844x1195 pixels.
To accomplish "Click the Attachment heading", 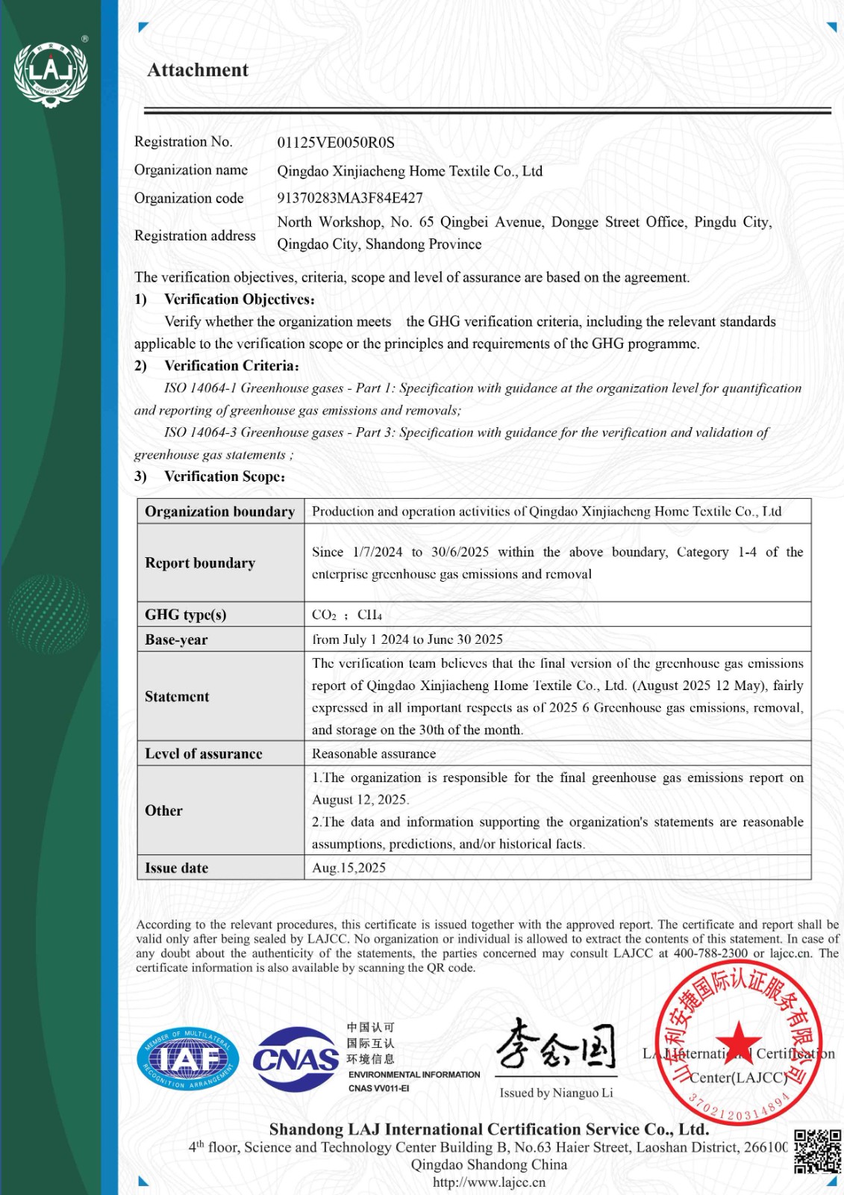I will click(x=198, y=70).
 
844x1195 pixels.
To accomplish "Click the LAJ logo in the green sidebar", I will click(x=51, y=73).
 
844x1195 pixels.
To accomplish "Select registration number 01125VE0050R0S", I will click(x=336, y=143).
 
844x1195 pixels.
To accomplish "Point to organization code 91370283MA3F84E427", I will click(x=350, y=198).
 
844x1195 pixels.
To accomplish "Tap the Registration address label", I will click(x=195, y=236).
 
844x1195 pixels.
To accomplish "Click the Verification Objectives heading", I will click(x=239, y=299).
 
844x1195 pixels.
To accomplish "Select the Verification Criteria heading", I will click(x=231, y=366).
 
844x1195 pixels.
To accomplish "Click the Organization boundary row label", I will click(x=220, y=512).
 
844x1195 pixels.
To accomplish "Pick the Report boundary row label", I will click(x=200, y=563).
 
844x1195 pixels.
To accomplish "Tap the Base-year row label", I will click(x=176, y=640).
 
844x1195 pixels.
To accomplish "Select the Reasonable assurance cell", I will click(x=374, y=754).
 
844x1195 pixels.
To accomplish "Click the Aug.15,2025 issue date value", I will click(x=348, y=868).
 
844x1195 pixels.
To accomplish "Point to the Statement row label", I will click(x=177, y=697).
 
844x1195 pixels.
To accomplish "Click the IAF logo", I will click(x=188, y=1059).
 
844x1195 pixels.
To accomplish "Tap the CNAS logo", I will click(x=296, y=1059).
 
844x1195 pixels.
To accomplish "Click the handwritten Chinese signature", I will click(x=557, y=1046).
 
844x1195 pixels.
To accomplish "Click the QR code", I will click(x=817, y=1151).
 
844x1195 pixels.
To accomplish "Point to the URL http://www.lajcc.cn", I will click(x=489, y=1182).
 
